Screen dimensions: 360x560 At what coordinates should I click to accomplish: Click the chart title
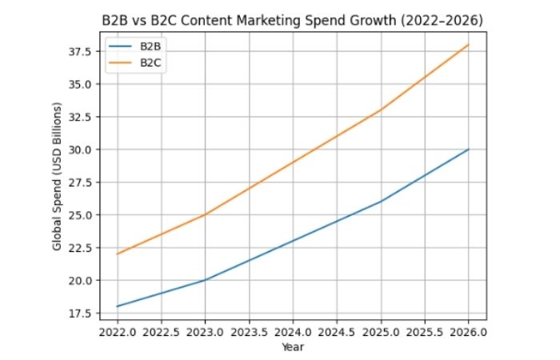[x=292, y=18]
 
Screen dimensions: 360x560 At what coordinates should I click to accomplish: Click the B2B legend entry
[x=150, y=46]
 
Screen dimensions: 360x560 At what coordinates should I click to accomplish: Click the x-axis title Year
[x=293, y=347]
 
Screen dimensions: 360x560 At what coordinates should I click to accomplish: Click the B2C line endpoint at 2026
[x=468, y=45]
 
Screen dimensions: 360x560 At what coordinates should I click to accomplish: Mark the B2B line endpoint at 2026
[x=468, y=150]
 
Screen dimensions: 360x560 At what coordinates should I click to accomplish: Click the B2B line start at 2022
[x=118, y=306]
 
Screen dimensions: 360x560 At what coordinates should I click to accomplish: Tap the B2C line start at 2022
[x=118, y=254]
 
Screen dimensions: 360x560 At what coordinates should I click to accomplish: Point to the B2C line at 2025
[x=381, y=110]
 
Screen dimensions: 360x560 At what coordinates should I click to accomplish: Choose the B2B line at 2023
[x=206, y=280]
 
